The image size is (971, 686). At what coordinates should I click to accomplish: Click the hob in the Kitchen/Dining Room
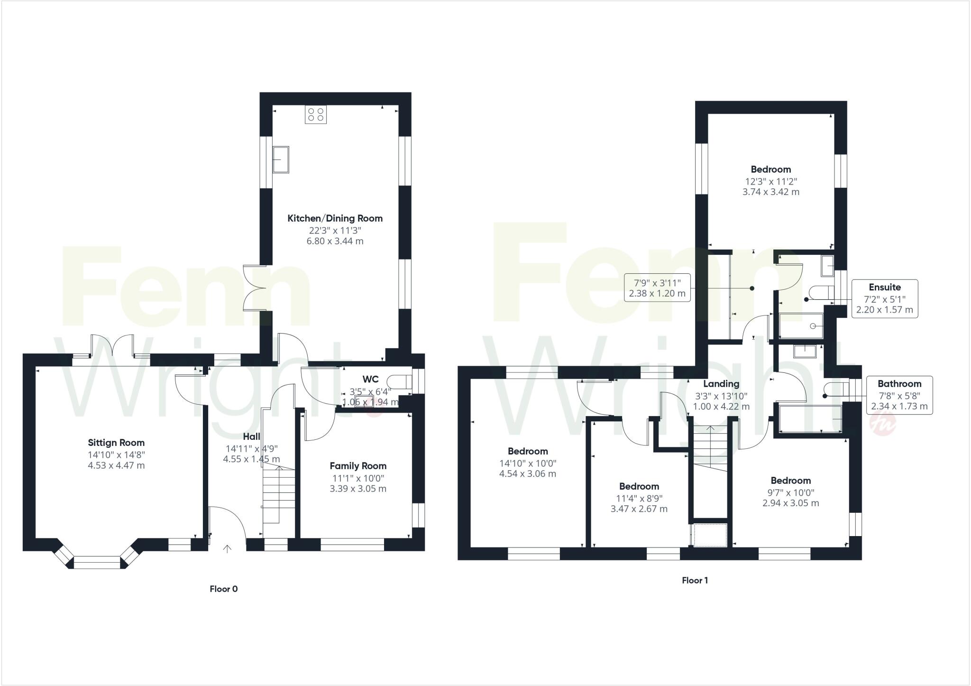pos(316,114)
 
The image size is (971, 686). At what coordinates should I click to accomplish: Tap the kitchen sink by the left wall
pos(281,159)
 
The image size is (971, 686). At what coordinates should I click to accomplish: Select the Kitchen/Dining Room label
pos(335,218)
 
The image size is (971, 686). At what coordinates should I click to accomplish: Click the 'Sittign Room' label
pos(116,443)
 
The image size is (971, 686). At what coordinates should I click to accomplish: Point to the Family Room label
pos(358,466)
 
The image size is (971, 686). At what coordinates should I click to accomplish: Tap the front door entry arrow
pos(228,549)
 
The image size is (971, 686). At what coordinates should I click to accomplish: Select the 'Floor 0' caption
pos(224,589)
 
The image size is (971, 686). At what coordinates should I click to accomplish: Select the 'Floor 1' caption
pos(695,580)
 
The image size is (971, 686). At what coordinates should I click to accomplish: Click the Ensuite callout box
pos(885,298)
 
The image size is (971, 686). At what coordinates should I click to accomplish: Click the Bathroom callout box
pos(899,395)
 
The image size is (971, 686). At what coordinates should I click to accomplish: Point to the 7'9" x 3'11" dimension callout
pos(657,287)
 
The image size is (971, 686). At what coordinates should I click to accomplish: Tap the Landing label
pos(721,384)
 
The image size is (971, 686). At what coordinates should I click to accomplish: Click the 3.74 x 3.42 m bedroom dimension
pos(770,192)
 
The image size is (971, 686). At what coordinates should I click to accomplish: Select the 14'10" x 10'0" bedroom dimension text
pos(527,463)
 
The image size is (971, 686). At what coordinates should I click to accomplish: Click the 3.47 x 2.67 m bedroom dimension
pos(639,509)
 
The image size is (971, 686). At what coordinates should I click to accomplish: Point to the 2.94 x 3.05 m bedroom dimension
pos(790,503)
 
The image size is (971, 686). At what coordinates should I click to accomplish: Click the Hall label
pos(251,436)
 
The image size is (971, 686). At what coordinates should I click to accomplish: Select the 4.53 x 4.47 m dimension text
pos(116,466)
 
